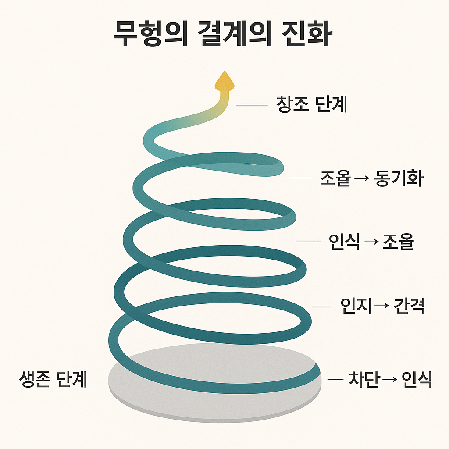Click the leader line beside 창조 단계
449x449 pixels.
pyautogui.click(x=252, y=105)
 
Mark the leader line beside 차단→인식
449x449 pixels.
pyautogui.click(x=335, y=379)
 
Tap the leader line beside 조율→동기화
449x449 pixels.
pyautogui.click(x=300, y=178)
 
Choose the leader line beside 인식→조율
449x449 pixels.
pyautogui.click(x=309, y=242)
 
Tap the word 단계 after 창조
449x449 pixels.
pyautogui.click(x=331, y=104)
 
